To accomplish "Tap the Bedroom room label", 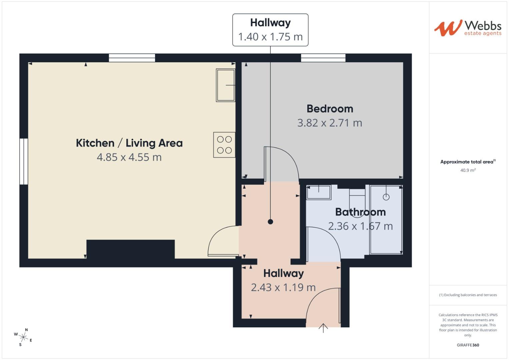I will (330, 109).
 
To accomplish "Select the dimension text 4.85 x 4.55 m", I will (129, 157).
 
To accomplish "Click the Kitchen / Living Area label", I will (129, 143).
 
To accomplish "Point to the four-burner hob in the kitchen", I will (224, 145).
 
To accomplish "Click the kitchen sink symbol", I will (226, 85).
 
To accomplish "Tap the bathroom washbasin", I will (319, 192).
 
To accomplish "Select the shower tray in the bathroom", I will (386, 219).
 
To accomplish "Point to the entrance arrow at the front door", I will (323, 328).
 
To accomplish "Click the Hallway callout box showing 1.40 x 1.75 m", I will (270, 30).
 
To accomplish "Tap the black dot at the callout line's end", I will (270, 222).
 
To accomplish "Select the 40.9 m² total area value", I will (468, 170).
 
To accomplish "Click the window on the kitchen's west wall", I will (24, 161).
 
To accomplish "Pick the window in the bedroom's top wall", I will (323, 58).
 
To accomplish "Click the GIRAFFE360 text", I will (468, 345).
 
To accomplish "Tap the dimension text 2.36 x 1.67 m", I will (360, 226).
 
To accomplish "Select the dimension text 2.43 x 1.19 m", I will (283, 287).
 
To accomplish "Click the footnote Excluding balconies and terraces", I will (468, 295).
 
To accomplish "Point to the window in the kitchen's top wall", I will (132, 58).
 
